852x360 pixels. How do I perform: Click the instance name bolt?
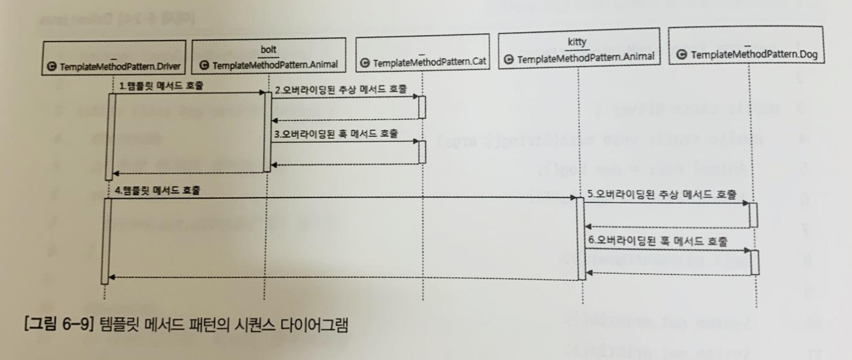pyautogui.click(x=269, y=48)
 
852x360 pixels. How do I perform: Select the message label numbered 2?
pyautogui.click(x=341, y=90)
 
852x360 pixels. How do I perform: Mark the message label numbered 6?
pyautogui.click(x=658, y=242)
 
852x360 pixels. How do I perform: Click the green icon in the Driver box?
pyautogui.click(x=52, y=67)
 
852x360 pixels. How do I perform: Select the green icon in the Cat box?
pyautogui.click(x=365, y=63)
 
